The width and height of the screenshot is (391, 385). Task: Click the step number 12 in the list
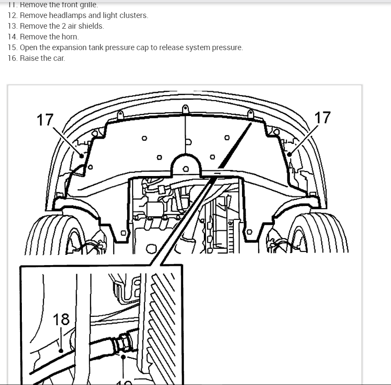point(12,15)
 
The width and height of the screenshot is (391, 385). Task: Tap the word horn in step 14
point(71,37)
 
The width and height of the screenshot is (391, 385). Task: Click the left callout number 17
point(45,119)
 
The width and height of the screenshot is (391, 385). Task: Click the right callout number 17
point(322,117)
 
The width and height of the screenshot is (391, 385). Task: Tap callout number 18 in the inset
point(61,319)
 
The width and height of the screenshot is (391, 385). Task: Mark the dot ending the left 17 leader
point(81,156)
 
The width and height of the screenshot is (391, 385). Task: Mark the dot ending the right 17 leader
point(290,154)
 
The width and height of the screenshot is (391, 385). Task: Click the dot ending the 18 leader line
point(61,351)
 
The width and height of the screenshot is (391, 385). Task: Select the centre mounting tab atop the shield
point(185,110)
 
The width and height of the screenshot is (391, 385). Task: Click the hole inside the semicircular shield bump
point(185,169)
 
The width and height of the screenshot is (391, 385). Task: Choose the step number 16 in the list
point(12,58)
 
